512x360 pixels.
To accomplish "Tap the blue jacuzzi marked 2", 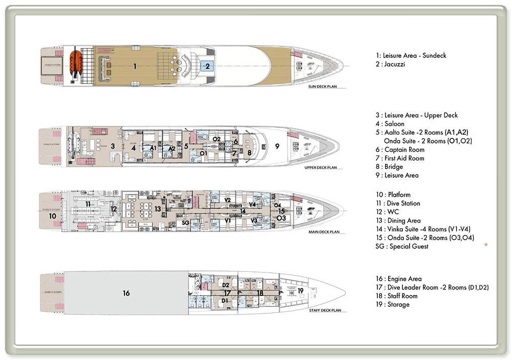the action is pos(207,66).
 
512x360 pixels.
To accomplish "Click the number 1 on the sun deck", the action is pos(135,66).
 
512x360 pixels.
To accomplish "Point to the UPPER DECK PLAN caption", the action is pos(321,167).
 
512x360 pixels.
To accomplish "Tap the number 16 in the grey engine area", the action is pos(126,293).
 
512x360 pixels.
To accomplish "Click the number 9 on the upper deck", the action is pos(277,146).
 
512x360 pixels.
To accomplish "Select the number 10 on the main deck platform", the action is pos(52,216).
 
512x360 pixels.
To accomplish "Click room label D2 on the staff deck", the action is pos(226,285).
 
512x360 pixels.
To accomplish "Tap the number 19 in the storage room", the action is pos(301,290).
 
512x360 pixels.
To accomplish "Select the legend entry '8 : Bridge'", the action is pos(389,167).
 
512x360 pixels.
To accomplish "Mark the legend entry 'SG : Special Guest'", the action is pos(402,247).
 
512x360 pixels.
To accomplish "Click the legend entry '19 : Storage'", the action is pos(393,305).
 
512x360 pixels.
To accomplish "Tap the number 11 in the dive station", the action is pos(88,204).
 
